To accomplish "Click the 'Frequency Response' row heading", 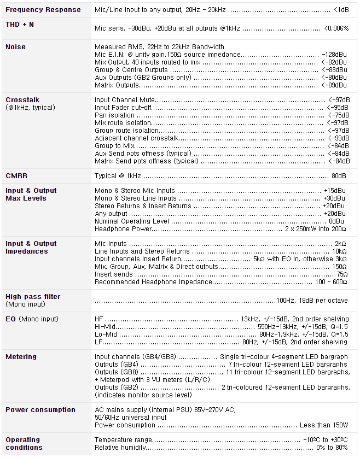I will click(x=43, y=9).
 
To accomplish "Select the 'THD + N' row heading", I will click(x=20, y=25).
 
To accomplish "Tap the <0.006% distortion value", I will click(x=336, y=27).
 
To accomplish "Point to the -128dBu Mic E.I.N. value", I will click(x=334, y=55).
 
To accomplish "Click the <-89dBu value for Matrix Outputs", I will click(x=334, y=85).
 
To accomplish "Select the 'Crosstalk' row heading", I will click(x=22, y=100).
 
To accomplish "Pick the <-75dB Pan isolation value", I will click(x=338, y=115).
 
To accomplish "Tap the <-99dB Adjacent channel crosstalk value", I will click(x=338, y=138).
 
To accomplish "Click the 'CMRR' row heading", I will click(x=16, y=176).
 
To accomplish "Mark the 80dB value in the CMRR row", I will click(x=339, y=176).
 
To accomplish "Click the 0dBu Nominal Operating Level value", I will click(x=336, y=221).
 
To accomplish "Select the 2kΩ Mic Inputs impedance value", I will click(x=340, y=244).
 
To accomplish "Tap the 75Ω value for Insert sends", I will click(x=342, y=274).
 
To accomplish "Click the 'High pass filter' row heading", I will click(x=33, y=297).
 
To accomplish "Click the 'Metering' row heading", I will click(x=21, y=357).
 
